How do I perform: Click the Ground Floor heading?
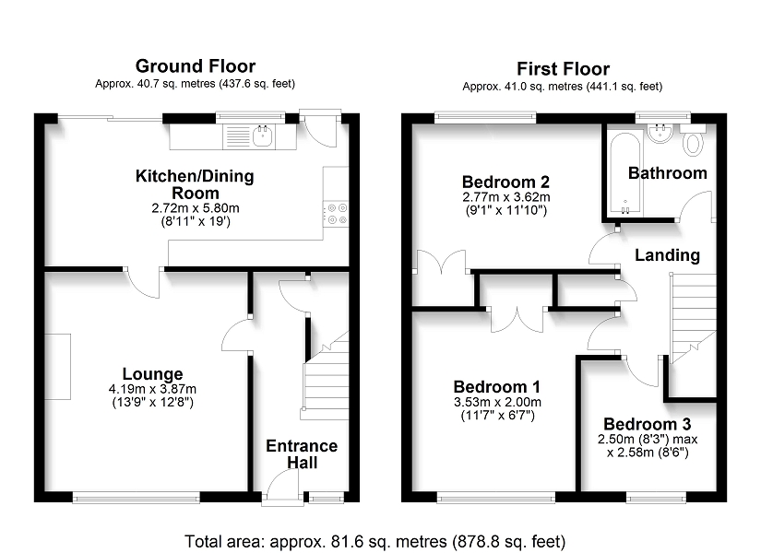coord(196,66)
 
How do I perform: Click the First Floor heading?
coord(563,69)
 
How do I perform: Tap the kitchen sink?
coord(264,135)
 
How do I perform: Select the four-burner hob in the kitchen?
coord(337,214)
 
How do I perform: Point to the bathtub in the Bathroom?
coord(625,173)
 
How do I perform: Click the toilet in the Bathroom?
coord(693,140)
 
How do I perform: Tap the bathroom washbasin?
coord(660,134)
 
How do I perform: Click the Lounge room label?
coord(152,374)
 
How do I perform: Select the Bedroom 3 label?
coord(647,424)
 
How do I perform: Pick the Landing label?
coord(667,255)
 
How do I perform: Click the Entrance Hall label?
coord(302,454)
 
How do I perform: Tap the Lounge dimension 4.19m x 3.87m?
coord(152,389)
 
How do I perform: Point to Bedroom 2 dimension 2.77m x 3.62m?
coord(506,197)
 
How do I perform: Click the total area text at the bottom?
coord(375,541)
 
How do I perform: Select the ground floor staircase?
coord(326,375)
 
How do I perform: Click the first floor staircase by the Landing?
coord(693,318)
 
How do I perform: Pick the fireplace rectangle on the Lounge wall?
coord(58,367)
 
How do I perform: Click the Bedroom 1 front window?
coord(496,497)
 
